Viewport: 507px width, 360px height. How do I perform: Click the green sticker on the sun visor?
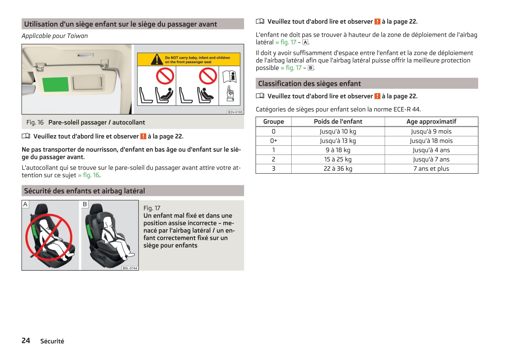[55, 84]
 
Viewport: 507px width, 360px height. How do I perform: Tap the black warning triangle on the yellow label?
[157, 59]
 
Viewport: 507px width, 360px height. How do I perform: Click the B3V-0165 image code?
[235, 112]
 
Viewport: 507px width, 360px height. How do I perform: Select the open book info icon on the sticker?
[230, 77]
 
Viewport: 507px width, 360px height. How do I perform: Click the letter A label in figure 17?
[25, 204]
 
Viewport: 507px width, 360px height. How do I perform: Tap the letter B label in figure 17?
[85, 204]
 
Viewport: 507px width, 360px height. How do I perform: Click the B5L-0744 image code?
[130, 268]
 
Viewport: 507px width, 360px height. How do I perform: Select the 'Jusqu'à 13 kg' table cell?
[338, 141]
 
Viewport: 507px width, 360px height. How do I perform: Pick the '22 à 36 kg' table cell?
[338, 169]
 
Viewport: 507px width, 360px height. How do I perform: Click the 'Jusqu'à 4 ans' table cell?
[431, 150]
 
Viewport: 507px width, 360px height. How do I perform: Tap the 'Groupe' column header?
[273, 122]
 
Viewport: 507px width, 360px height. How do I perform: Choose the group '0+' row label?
[273, 141]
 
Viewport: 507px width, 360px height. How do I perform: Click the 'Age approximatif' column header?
[431, 122]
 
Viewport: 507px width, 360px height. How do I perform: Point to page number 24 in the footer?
[26, 341]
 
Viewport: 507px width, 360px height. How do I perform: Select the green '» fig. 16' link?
[89, 175]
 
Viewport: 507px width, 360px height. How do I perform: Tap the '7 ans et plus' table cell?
[431, 169]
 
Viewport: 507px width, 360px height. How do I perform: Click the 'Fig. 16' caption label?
[35, 122]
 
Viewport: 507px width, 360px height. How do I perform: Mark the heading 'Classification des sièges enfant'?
[309, 83]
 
